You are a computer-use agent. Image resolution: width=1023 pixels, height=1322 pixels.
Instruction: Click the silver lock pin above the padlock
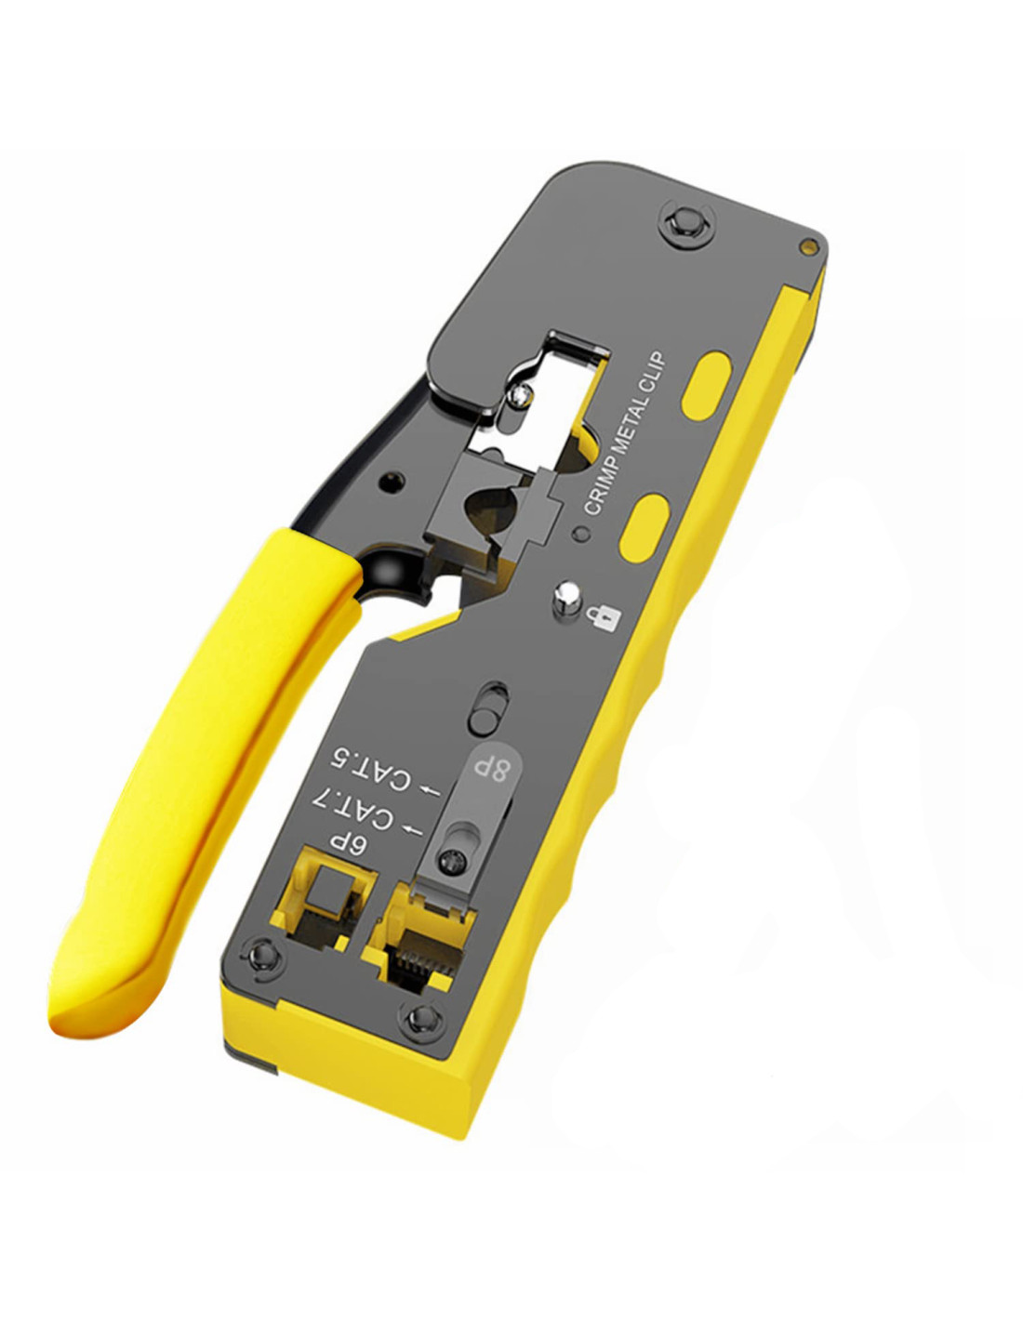pos(566,600)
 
